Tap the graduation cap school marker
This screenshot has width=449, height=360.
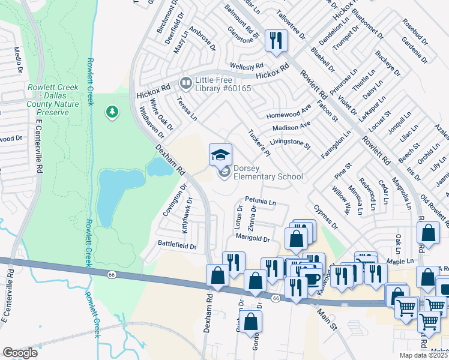(x=220, y=155)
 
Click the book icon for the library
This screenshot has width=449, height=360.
(x=186, y=82)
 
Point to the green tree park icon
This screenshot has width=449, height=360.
(x=111, y=112)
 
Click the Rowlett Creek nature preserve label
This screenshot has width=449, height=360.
(x=52, y=100)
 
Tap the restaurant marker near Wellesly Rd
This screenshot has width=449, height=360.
(x=276, y=41)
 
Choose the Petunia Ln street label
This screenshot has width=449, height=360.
(x=260, y=201)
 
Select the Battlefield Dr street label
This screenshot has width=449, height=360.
(x=177, y=245)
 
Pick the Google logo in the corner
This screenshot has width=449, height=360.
(x=20, y=353)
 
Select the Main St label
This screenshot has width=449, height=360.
(x=328, y=317)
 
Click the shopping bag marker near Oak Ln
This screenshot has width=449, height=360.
(x=429, y=233)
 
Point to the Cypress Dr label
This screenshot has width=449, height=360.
(x=326, y=217)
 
